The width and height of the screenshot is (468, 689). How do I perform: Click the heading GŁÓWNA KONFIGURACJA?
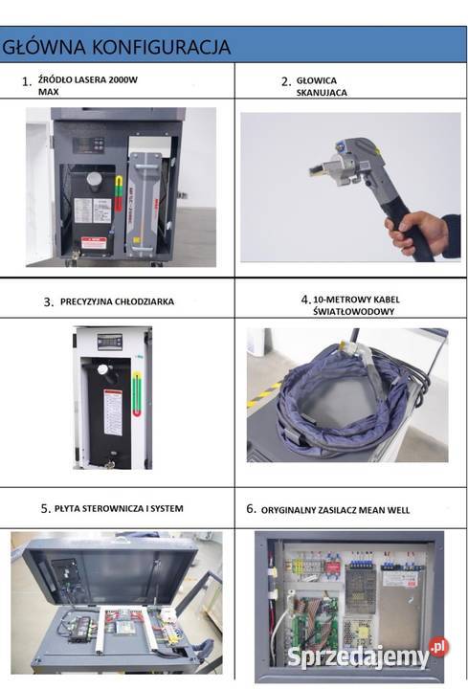coord(117,46)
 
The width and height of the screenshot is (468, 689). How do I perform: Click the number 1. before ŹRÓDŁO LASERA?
coord(27,81)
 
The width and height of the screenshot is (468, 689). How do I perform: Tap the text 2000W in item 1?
coord(123,80)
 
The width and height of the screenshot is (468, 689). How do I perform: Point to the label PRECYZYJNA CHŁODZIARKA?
coord(117,301)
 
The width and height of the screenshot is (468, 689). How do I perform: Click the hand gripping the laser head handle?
coord(419,231)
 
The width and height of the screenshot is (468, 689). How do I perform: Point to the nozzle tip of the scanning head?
coord(315,170)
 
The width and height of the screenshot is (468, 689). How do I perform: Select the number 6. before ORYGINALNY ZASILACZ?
coord(252,510)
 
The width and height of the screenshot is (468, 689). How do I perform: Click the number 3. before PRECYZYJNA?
coord(48,301)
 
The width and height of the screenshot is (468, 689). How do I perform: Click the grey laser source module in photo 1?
coord(151,191)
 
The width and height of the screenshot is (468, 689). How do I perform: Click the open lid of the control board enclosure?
coord(105,569)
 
